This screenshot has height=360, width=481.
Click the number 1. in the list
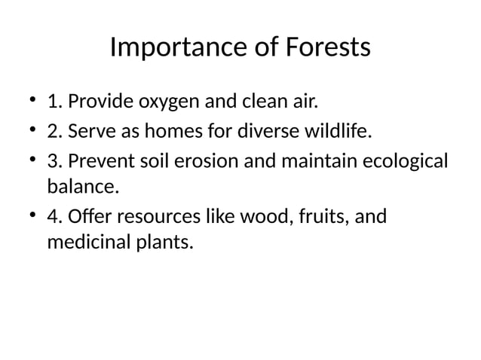(54, 102)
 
